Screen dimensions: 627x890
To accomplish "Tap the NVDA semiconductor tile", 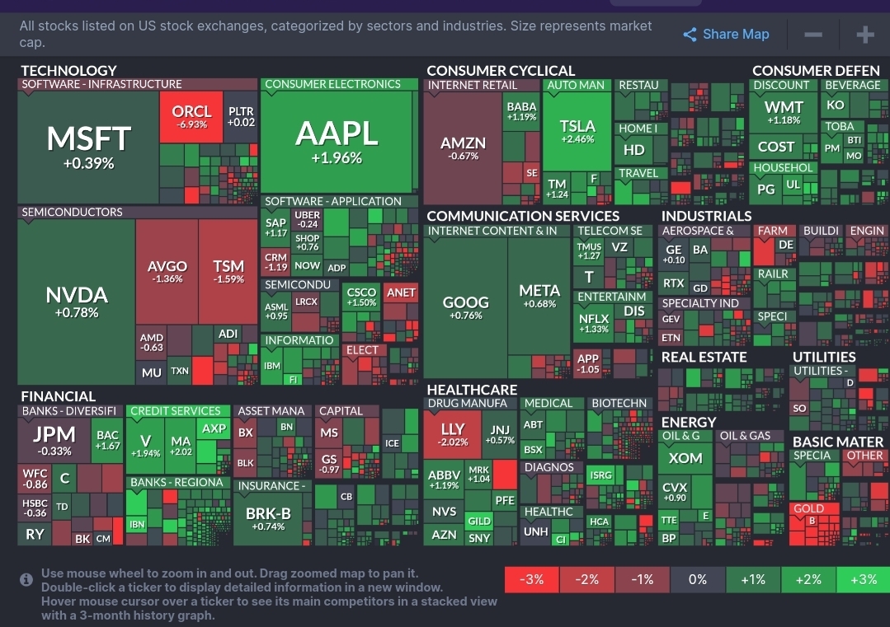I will pyautogui.click(x=76, y=302).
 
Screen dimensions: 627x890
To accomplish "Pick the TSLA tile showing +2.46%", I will pyautogui.click(x=577, y=131).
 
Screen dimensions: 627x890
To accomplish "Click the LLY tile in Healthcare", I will pyautogui.click(x=453, y=434).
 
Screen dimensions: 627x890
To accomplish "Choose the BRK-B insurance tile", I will pyautogui.click(x=268, y=518).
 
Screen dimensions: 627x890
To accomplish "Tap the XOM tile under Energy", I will pyautogui.click(x=685, y=458).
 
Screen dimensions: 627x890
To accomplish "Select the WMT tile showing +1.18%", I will pyautogui.click(x=784, y=112).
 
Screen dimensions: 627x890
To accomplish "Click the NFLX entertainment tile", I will pyautogui.click(x=594, y=323).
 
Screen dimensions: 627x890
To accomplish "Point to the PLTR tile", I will pyautogui.click(x=241, y=116).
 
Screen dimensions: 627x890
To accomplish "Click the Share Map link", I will pyautogui.click(x=726, y=34).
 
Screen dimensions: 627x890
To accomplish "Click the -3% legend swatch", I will pyautogui.click(x=531, y=579).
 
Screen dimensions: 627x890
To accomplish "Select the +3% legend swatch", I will pyautogui.click(x=863, y=579).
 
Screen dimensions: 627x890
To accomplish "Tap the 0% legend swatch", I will pyautogui.click(x=697, y=579).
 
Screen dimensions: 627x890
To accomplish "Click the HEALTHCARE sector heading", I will pyautogui.click(x=472, y=390).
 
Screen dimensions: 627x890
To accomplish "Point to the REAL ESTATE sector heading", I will pyautogui.click(x=704, y=358).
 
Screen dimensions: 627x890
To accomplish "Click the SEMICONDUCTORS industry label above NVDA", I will pyautogui.click(x=72, y=213).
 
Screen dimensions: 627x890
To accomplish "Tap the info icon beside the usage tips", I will pyautogui.click(x=26, y=580).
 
